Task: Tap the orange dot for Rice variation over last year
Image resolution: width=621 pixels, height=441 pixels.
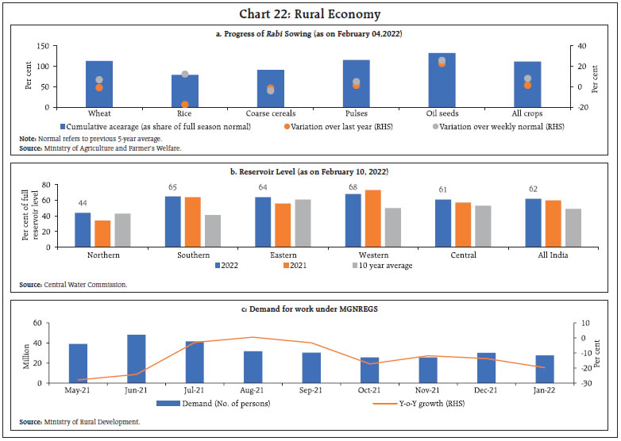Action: [185, 104]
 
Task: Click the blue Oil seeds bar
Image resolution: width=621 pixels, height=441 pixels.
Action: [442, 79]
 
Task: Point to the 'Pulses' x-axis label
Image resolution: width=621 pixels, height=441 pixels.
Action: [356, 114]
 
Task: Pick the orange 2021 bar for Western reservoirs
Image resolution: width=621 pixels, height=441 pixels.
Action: [372, 218]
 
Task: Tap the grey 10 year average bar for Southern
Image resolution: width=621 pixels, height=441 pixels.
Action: [212, 231]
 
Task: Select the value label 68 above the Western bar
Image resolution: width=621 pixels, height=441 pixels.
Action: [352, 187]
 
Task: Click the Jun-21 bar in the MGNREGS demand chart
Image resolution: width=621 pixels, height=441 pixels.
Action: [137, 359]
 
